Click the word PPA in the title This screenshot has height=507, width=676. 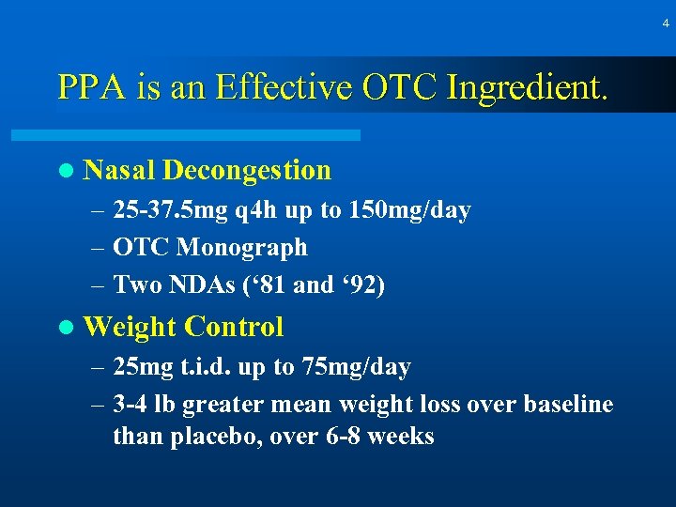(87, 87)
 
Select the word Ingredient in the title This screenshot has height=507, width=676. (529, 89)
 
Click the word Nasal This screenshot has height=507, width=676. (119, 171)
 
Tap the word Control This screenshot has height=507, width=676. (234, 327)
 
